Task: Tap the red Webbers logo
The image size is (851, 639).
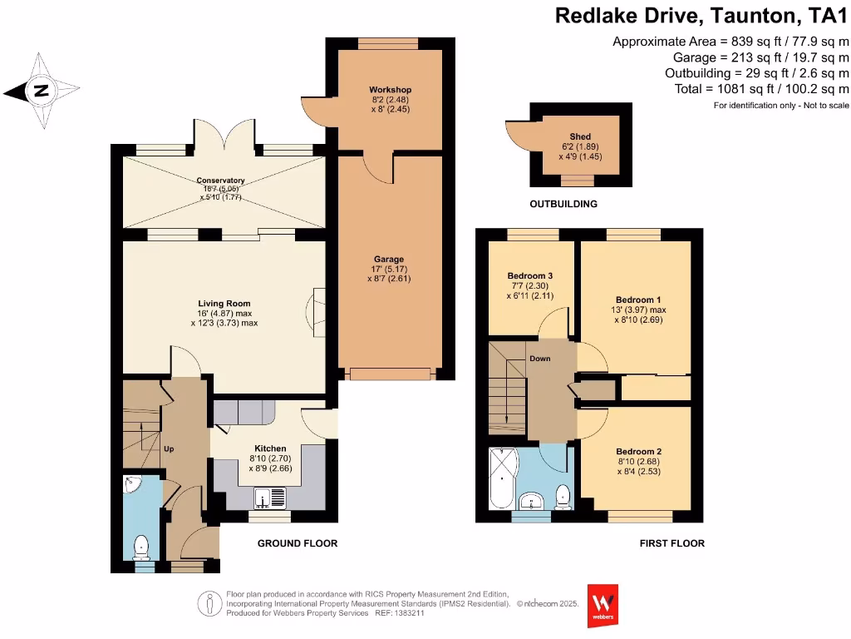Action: [x=603, y=605]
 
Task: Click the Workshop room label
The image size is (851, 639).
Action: [x=390, y=90]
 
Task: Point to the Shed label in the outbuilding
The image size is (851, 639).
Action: [x=580, y=137]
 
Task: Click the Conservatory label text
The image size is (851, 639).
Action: [x=220, y=181]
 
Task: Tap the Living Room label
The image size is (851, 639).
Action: [x=224, y=304]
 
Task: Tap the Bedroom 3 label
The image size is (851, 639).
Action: [x=529, y=276]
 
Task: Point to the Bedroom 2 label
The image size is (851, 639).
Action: [x=638, y=452]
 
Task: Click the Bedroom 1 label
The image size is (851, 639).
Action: [x=638, y=300]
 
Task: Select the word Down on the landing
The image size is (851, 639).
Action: [x=540, y=360]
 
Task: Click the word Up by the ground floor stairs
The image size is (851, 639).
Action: [x=169, y=449]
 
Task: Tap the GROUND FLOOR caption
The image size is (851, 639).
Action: [x=297, y=543]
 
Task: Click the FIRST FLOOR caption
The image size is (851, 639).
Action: [x=671, y=543]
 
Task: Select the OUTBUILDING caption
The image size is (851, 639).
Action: [x=563, y=204]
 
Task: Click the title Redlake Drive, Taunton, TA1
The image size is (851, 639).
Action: [x=701, y=15]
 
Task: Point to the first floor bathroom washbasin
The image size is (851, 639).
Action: [x=530, y=499]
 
